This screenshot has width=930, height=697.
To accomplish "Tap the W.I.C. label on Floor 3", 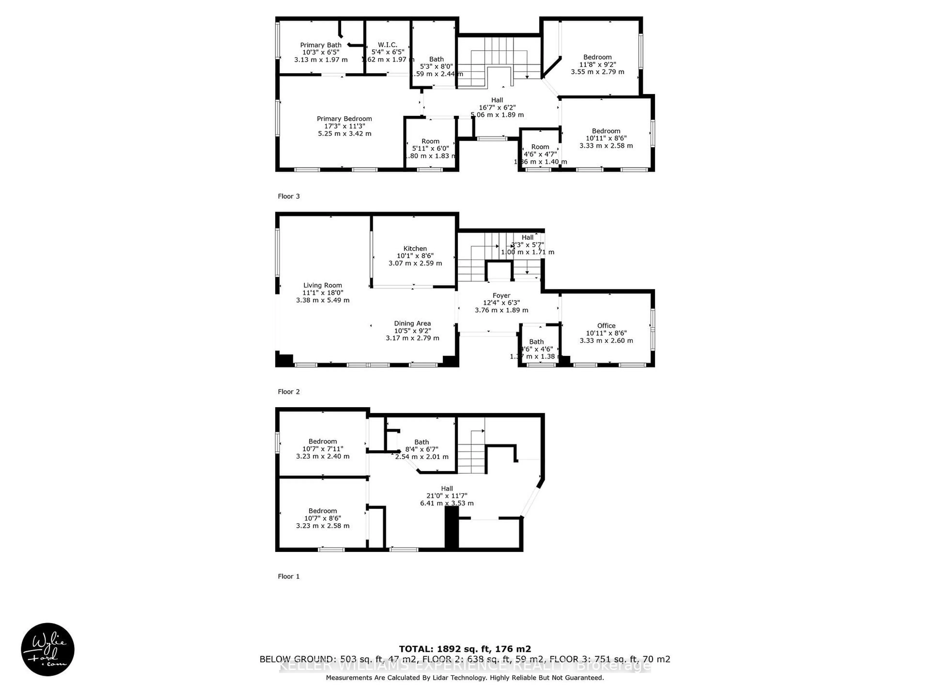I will [387, 45].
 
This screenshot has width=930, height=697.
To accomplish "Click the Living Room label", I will [323, 285].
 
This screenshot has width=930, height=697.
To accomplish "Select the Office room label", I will [606, 326].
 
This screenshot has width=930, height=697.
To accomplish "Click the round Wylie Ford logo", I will [47, 650].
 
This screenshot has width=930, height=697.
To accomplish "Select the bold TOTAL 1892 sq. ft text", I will [465, 649].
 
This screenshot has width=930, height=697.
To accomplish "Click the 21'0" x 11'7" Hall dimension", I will [447, 496].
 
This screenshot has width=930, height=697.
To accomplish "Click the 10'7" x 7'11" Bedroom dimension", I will [323, 449].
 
